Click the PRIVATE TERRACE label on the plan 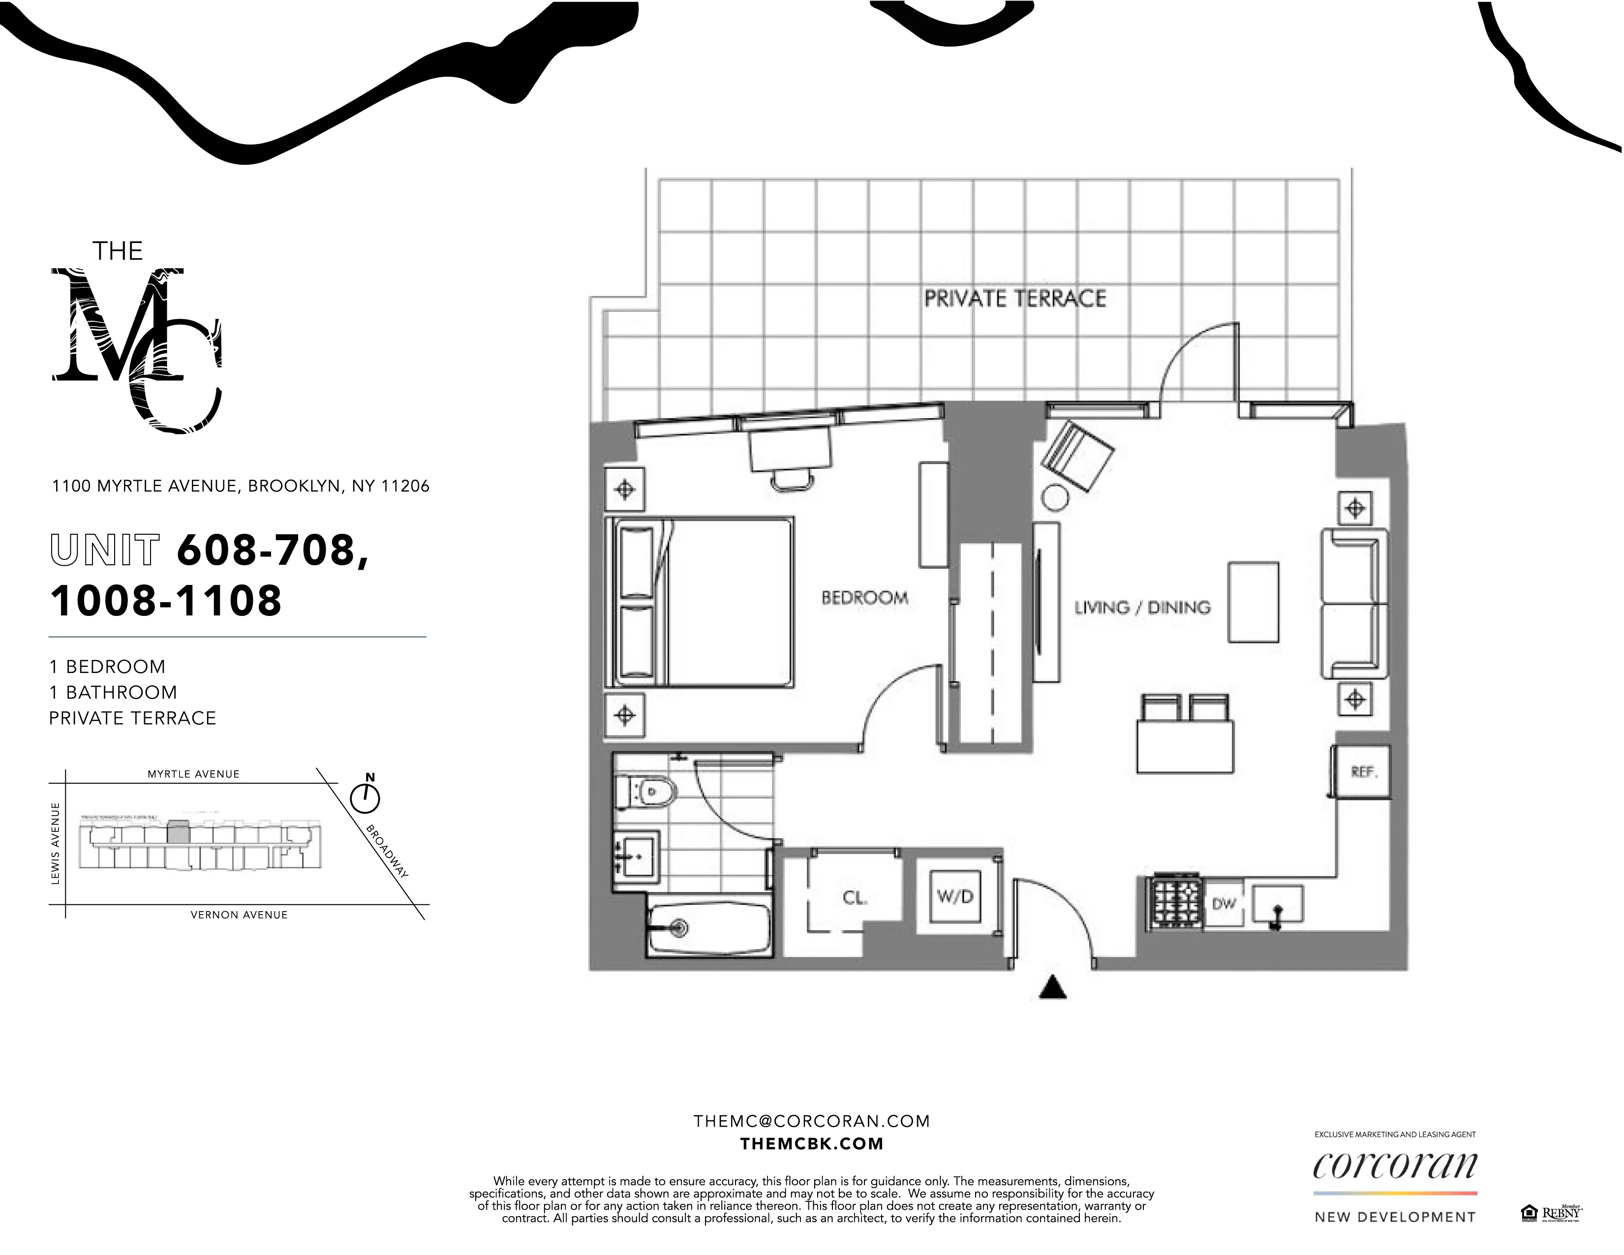pos(1014,299)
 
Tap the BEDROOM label pos(864,598)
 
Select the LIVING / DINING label pos(1142,608)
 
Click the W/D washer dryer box pos(955,897)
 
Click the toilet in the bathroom pos(645,792)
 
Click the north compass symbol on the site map pos(365,798)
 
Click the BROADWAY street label pos(387,851)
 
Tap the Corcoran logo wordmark pos(1394,1166)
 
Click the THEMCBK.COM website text pos(811,1144)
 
